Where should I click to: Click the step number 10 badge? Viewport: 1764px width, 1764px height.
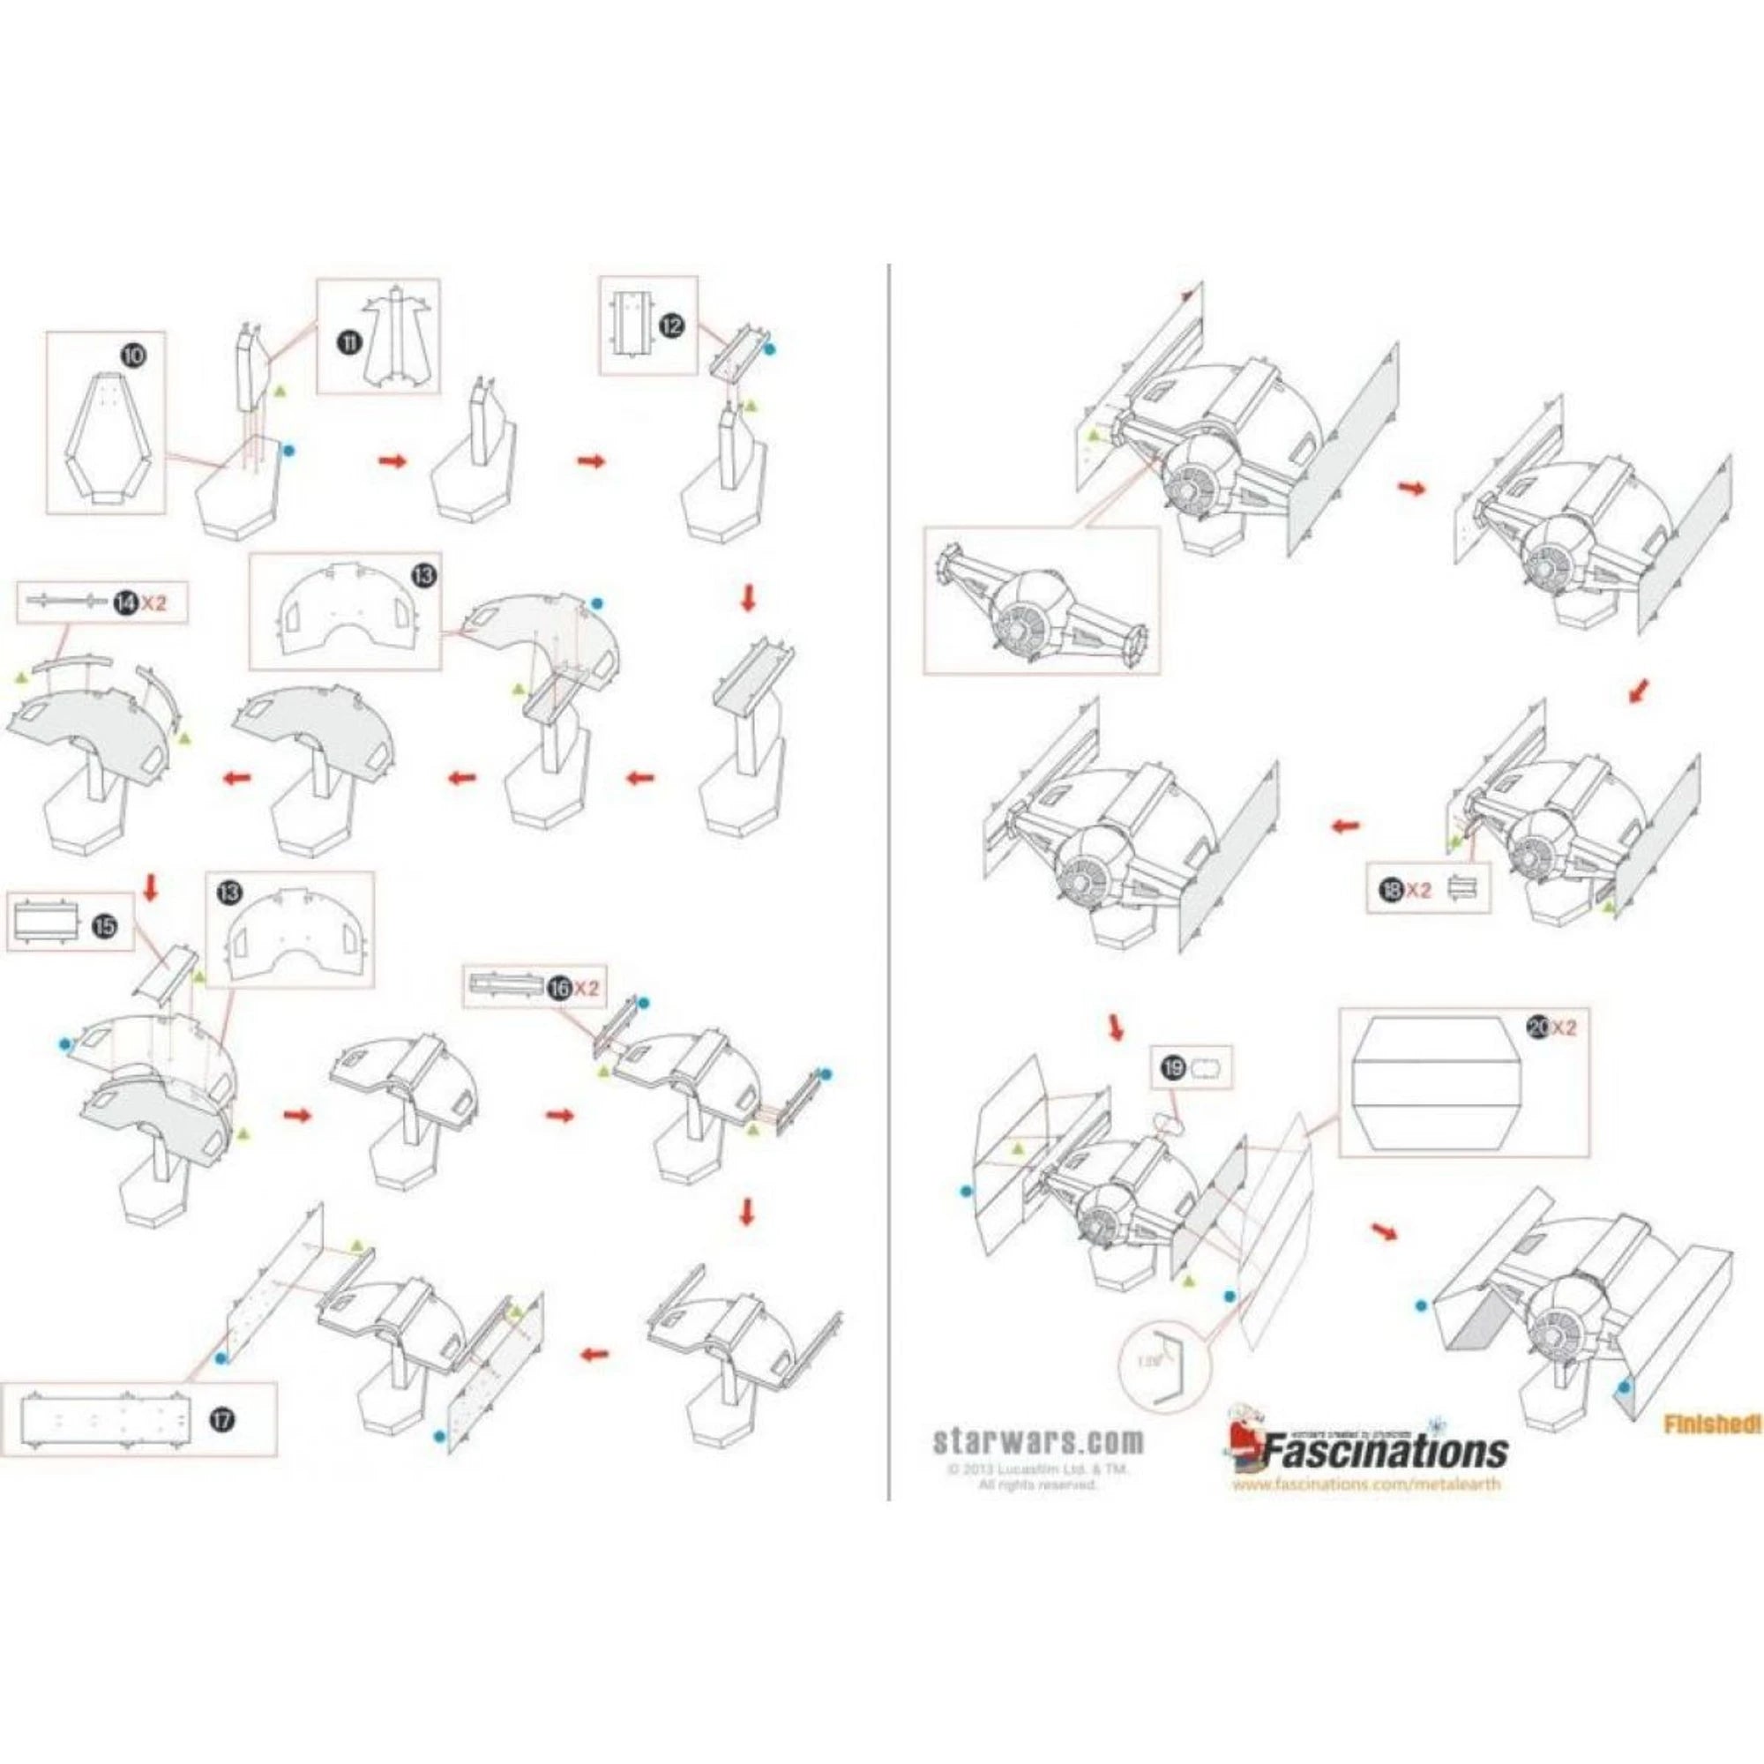[132, 355]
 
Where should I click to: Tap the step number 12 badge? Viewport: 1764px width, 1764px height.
[671, 326]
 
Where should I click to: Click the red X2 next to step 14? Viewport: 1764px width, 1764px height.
[154, 602]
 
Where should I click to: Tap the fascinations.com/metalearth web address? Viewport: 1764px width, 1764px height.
[1366, 1484]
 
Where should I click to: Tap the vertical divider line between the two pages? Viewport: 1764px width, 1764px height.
[888, 886]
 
